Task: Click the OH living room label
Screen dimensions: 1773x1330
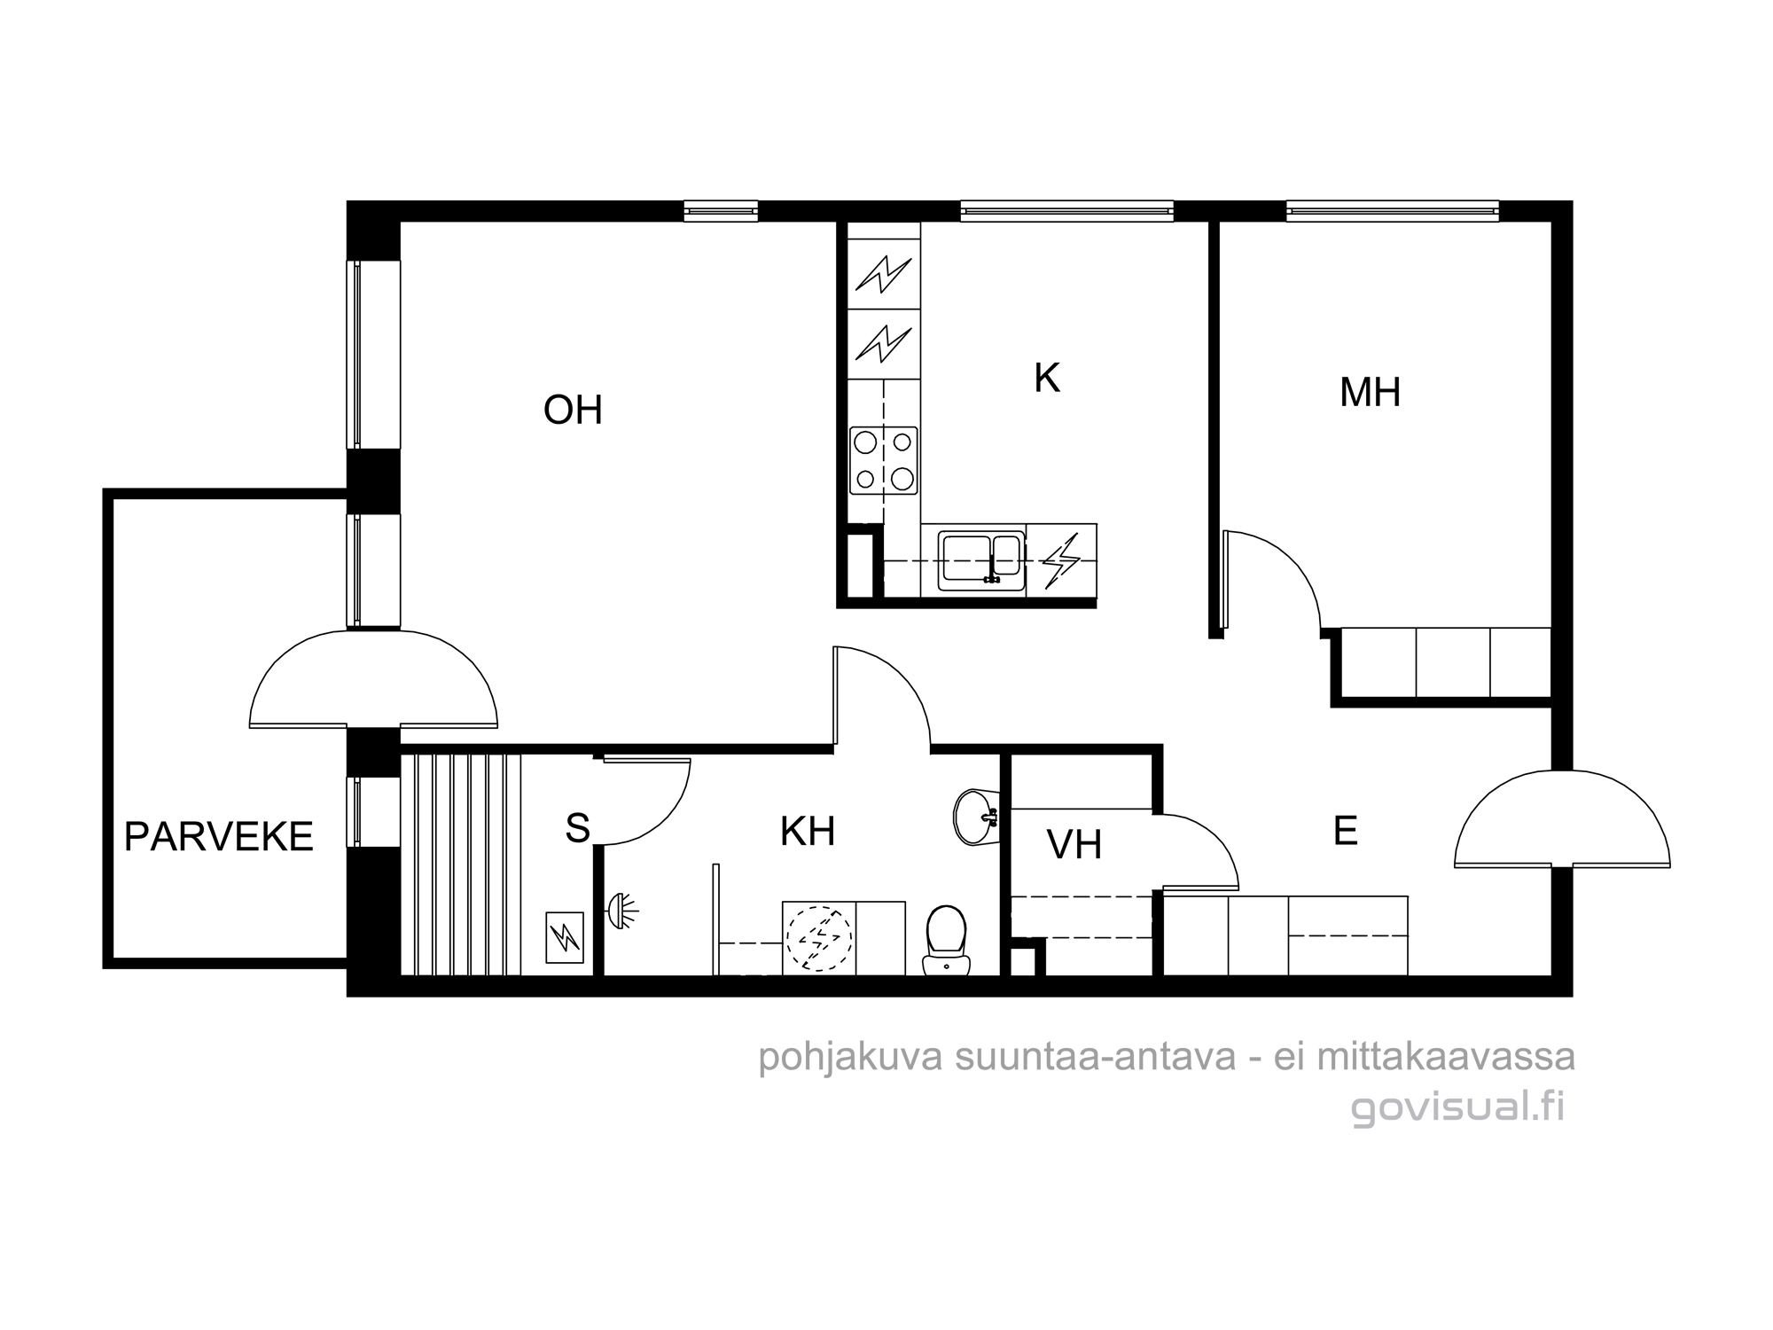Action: [573, 411]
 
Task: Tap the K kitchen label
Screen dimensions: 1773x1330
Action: [1047, 379]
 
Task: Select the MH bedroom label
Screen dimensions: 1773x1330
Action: [1370, 392]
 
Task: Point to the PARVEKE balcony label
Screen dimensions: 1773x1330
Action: [219, 837]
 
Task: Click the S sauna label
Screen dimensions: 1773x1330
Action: [577, 828]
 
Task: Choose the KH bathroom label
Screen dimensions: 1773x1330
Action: [808, 832]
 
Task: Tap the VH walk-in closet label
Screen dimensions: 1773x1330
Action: [1074, 845]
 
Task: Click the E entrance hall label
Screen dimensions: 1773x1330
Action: [1345, 831]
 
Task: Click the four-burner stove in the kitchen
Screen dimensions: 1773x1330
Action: [883, 460]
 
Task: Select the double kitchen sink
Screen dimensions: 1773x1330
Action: [981, 559]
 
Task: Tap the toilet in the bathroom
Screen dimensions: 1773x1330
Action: [946, 940]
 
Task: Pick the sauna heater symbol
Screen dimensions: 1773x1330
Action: [564, 937]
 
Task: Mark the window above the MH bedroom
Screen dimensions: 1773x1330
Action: [1393, 211]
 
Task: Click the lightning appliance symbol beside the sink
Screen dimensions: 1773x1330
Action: [1061, 560]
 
